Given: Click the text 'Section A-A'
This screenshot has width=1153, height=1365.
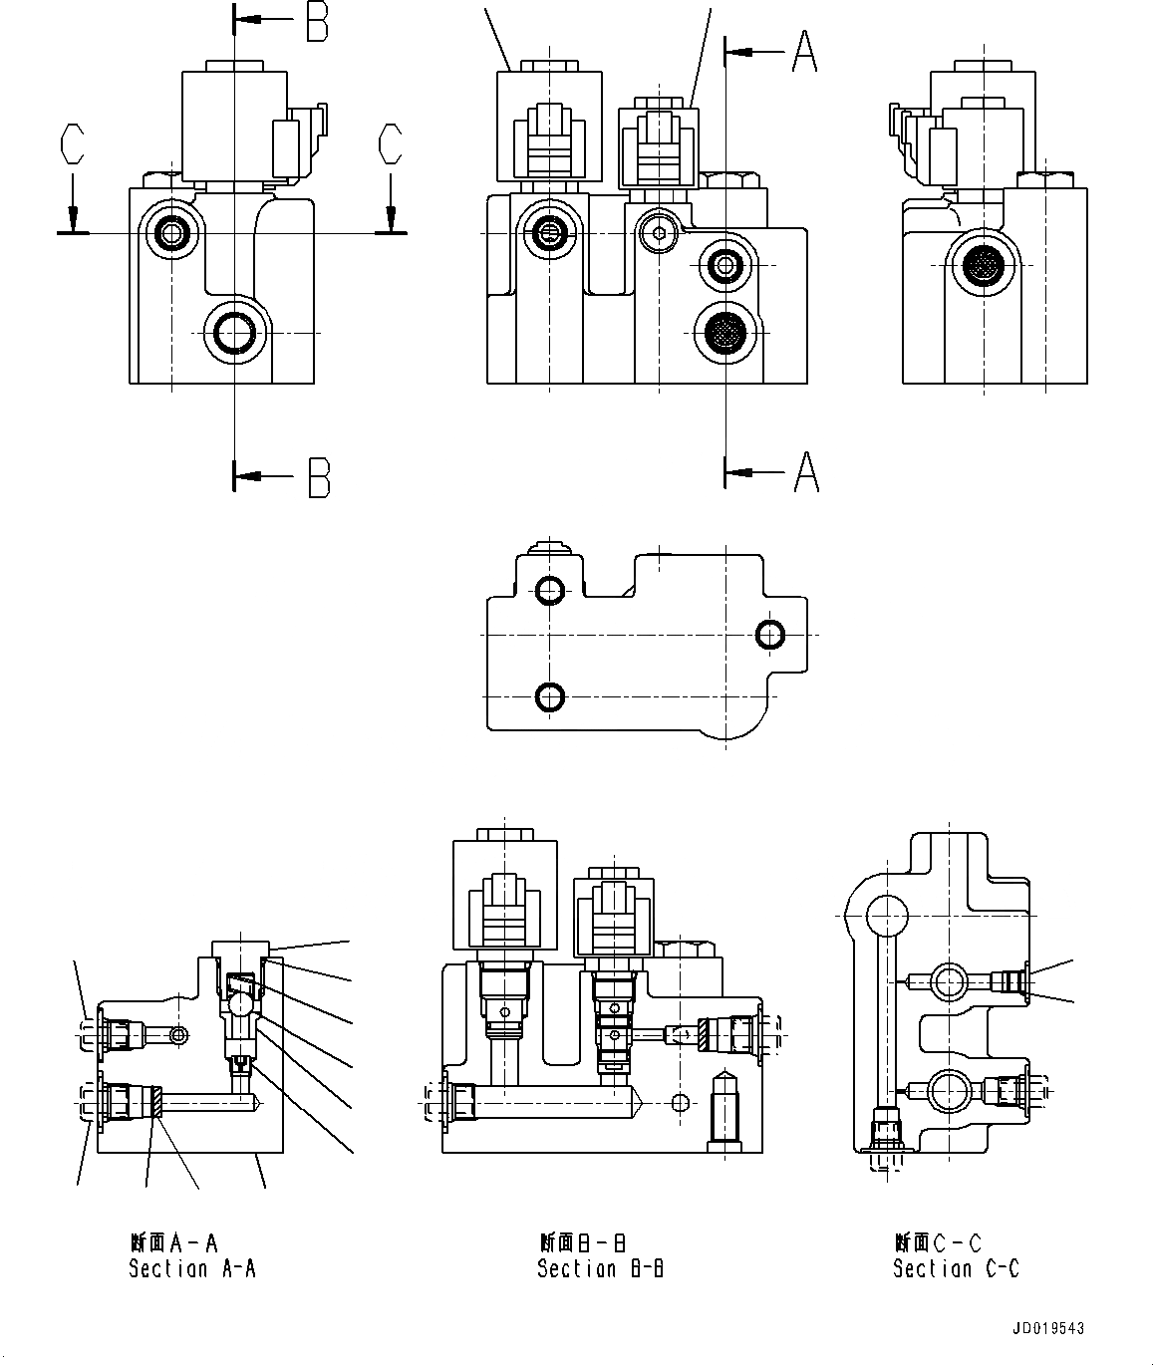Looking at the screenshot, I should (x=192, y=1268).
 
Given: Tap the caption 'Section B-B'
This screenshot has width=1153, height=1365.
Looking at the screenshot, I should (x=601, y=1268).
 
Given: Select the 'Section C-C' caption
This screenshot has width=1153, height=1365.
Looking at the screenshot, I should (x=956, y=1268).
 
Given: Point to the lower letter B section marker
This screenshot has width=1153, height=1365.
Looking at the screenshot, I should (x=317, y=477).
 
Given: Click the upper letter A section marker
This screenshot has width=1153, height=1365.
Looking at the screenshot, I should (x=805, y=52).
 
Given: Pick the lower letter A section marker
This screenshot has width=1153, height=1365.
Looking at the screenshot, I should (x=806, y=472).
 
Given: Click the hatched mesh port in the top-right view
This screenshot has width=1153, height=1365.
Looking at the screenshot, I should (x=984, y=265).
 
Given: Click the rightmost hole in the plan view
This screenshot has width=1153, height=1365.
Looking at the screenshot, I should (x=770, y=634).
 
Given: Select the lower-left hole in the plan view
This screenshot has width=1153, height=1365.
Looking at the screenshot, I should (x=549, y=696).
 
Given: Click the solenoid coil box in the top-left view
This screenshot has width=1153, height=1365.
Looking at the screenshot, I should (x=224, y=125).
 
